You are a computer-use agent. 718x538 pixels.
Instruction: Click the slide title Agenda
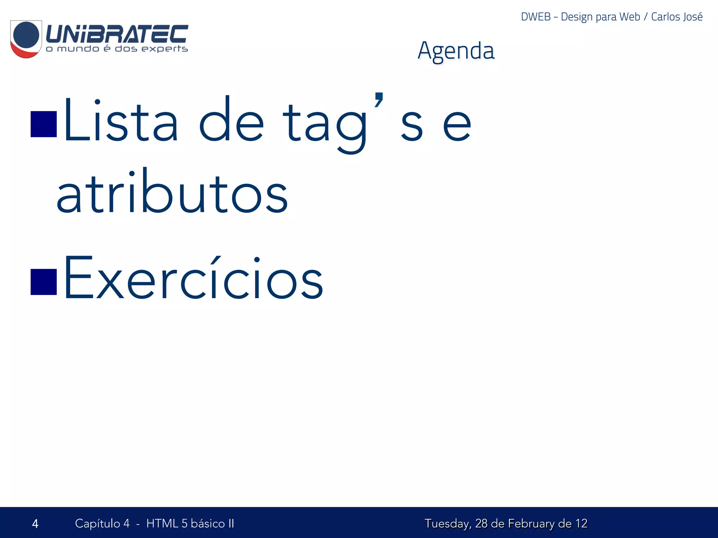[456, 51]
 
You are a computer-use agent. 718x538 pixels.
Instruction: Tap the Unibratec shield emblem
[26, 39]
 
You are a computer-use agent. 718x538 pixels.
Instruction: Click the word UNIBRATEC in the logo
[117, 34]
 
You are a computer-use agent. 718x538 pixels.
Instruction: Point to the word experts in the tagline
[164, 49]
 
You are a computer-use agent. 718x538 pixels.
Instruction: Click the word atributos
[172, 193]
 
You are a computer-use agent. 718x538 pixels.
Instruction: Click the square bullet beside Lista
[44, 124]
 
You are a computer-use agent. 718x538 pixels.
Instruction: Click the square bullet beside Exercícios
[44, 282]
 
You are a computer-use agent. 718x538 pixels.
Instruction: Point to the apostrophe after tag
[379, 99]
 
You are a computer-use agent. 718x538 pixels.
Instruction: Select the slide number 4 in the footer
[35, 524]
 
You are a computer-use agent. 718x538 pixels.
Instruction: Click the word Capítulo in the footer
[97, 524]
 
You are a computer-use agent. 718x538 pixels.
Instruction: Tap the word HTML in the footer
[162, 523]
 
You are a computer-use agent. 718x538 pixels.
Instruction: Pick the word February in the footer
[531, 524]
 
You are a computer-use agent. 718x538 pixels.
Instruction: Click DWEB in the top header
[536, 17]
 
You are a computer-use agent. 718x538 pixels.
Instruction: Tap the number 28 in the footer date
[481, 523]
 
